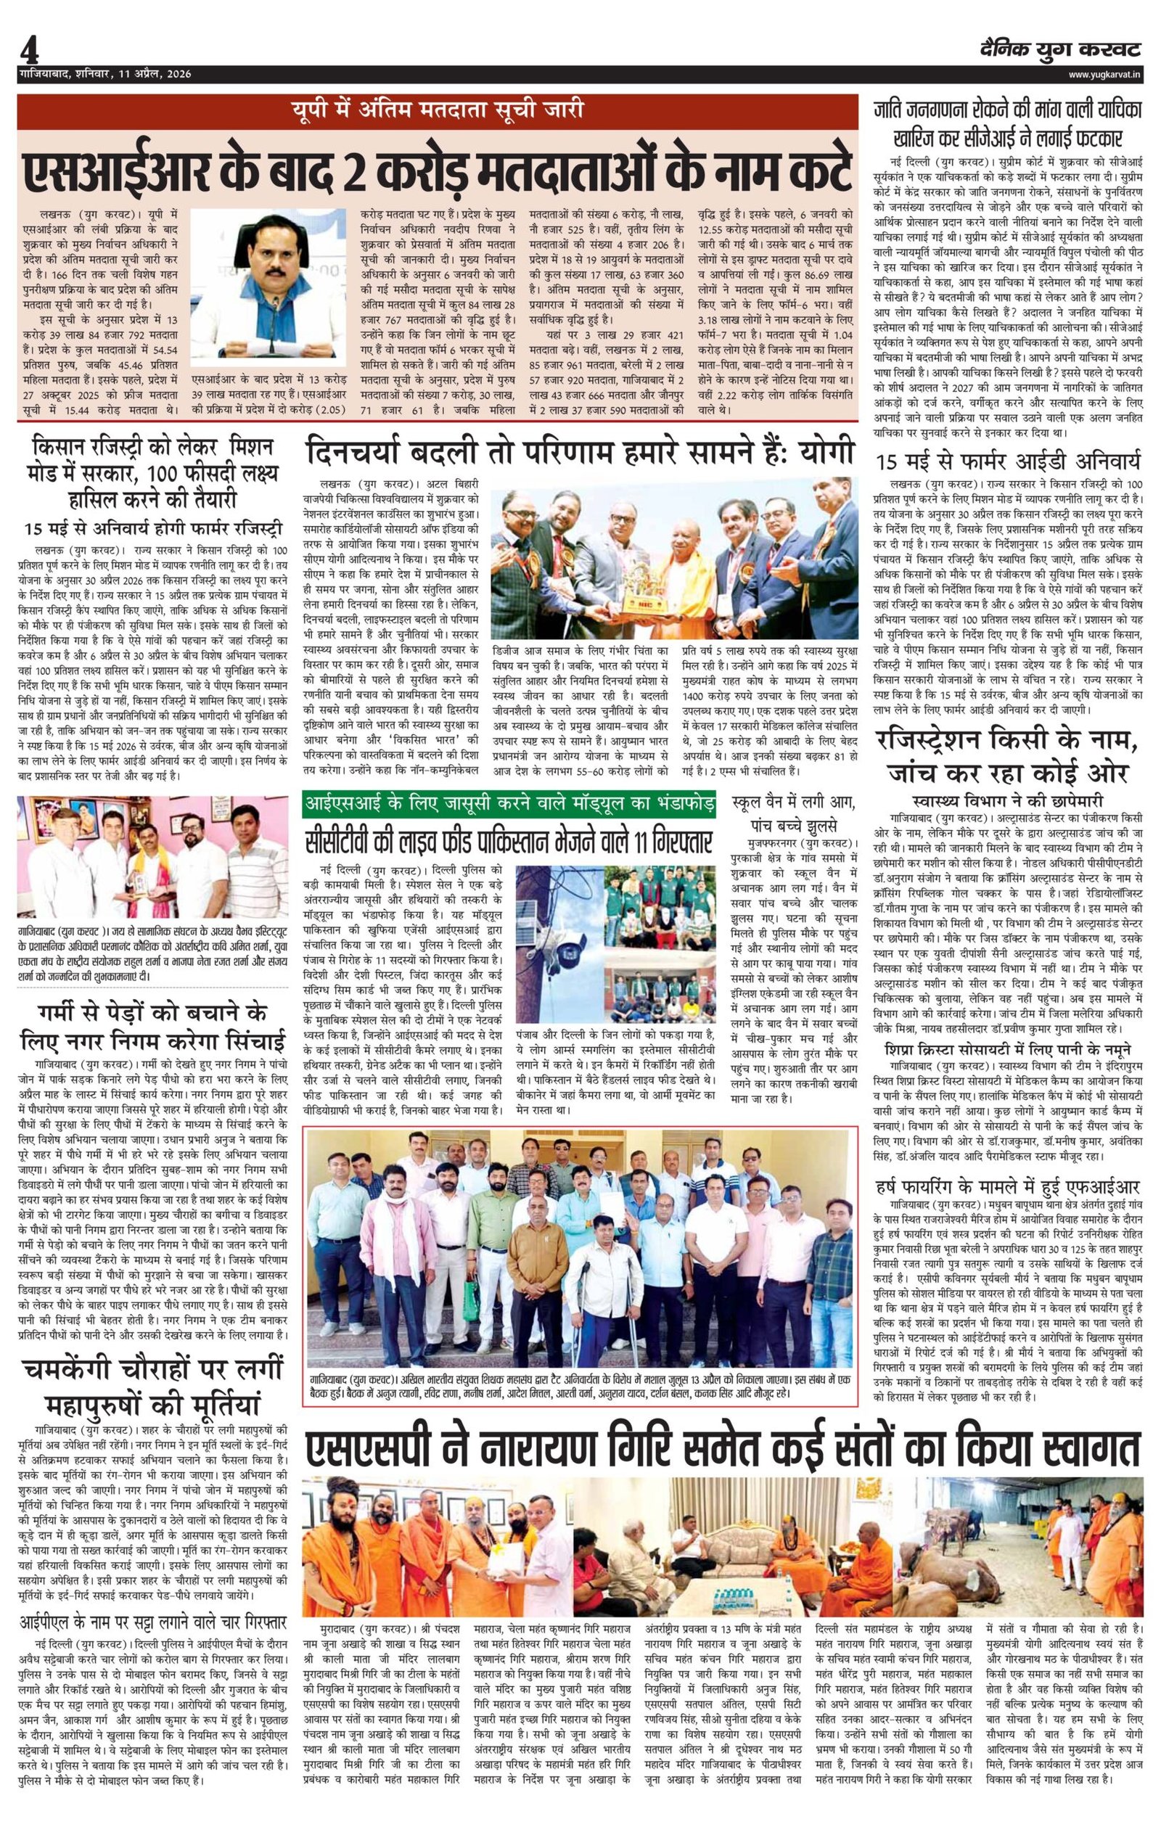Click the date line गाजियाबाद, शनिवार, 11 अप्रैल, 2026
[x=105, y=74]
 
